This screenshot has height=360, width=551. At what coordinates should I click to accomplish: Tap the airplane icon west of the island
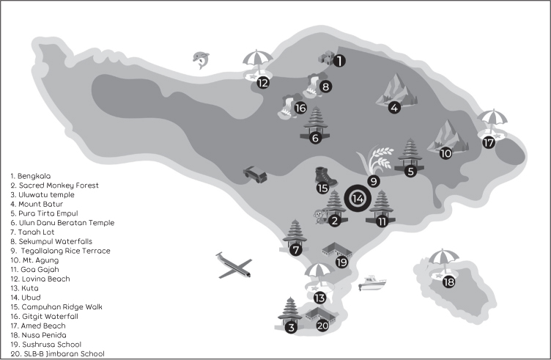tap(234, 265)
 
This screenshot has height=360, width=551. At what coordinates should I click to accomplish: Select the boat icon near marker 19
tap(373, 282)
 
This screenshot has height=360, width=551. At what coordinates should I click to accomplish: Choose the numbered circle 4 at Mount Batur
tap(394, 108)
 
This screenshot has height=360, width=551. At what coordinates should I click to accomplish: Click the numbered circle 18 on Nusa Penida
tap(448, 282)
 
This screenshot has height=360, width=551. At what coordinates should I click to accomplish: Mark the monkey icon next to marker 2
tap(319, 216)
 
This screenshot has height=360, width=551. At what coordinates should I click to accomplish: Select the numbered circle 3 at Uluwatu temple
tap(291, 328)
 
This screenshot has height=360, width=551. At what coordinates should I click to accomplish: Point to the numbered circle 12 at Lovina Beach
tap(262, 83)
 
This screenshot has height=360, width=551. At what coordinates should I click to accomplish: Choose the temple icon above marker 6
tap(315, 120)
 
